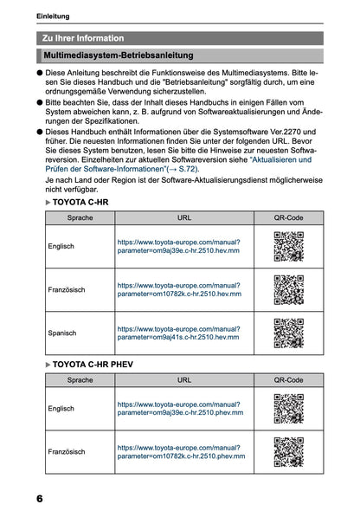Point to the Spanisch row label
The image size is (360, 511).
tap(62, 333)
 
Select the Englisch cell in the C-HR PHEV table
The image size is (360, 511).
tap(61, 408)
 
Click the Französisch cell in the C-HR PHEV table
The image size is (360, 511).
tap(66, 451)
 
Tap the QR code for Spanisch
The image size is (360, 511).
tap(288, 333)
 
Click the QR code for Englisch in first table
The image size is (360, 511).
tap(288, 246)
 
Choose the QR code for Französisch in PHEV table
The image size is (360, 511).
tap(288, 451)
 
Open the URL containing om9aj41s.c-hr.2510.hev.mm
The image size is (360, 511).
tap(178, 333)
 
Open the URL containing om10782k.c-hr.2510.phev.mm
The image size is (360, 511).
tap(180, 451)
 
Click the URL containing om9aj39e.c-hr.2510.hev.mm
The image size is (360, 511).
tap(178, 246)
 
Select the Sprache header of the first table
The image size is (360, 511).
tap(80, 218)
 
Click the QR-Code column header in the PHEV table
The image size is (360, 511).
tap(288, 379)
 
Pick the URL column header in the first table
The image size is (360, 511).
tap(184, 218)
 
